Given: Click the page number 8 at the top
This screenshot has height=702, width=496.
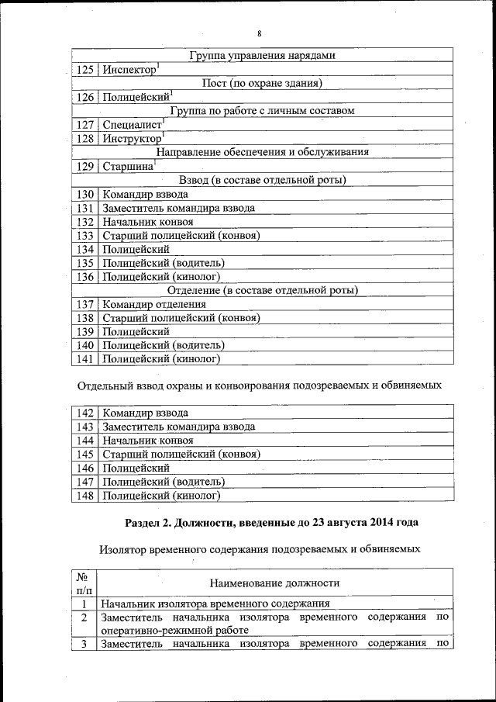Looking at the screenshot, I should click(260, 33).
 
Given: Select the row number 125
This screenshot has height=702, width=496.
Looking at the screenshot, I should click(84, 70).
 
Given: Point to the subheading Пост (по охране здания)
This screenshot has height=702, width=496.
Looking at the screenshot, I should click(262, 83).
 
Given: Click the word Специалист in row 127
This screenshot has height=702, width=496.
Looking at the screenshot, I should click(132, 124).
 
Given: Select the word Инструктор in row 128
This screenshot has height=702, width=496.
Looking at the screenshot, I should click(133, 138).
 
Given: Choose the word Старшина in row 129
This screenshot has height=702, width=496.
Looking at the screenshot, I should click(128, 166).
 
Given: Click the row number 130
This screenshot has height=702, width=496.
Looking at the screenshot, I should click(84, 194).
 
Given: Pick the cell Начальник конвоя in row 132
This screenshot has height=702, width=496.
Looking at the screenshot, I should click(148, 221).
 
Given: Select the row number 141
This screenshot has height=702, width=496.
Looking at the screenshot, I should click(84, 359).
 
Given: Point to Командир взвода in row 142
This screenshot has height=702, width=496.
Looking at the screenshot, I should click(145, 413).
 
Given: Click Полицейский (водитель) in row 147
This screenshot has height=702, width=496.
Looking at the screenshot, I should click(164, 481).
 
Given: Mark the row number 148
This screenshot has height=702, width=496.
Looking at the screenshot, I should click(84, 495).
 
